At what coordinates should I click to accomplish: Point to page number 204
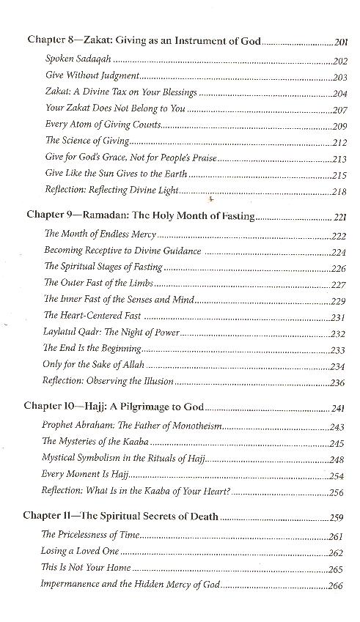[x=339, y=93]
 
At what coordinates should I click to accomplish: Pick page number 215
[x=339, y=174]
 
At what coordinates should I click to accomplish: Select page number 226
[x=338, y=267]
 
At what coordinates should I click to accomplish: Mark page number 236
[x=338, y=382]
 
